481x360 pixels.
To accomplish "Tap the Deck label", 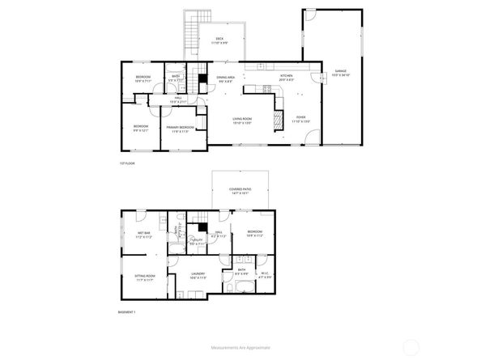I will coord(219,40).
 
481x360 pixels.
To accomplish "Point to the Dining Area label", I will coord(225,79).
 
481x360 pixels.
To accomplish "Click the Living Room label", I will coord(242,121).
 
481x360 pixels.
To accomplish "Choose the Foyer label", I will coord(300,119).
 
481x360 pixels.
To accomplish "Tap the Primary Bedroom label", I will coord(179,129).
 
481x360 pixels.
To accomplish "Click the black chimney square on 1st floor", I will coord(202,81).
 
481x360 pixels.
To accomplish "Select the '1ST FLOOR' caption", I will coord(126,164).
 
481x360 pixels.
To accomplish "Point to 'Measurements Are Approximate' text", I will coord(240,346).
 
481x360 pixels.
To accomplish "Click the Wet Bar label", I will coord(144,235).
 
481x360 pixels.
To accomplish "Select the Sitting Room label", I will coord(144,277).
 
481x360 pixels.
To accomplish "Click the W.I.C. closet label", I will coord(264,274).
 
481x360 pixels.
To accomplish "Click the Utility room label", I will coord(197,241).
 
